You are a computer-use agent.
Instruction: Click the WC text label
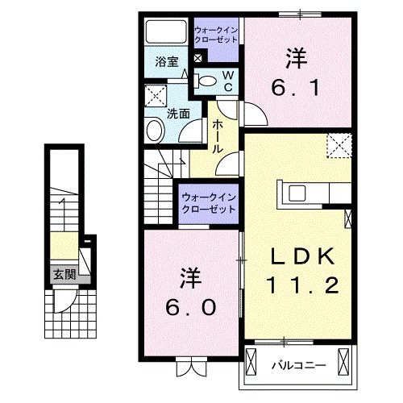click(x=227, y=78)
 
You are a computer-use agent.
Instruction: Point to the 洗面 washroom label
click(x=178, y=114)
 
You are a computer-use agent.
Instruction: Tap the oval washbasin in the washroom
click(x=153, y=131)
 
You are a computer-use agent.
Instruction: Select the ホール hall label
click(x=218, y=137)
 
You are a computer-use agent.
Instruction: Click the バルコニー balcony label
click(x=297, y=364)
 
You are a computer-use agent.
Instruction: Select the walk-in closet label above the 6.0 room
click(x=209, y=201)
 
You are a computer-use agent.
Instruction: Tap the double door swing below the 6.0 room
click(x=191, y=370)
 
